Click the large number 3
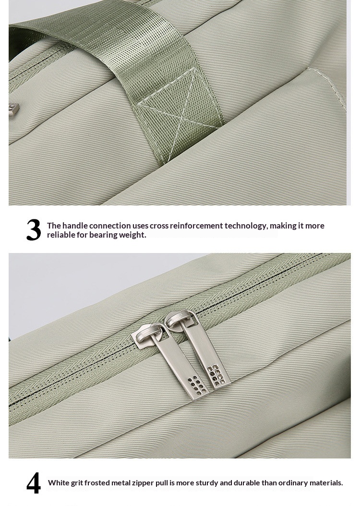[34, 230]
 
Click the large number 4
[34, 483]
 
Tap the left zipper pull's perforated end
[197, 387]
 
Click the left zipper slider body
[149, 336]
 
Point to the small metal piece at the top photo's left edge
[13, 110]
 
